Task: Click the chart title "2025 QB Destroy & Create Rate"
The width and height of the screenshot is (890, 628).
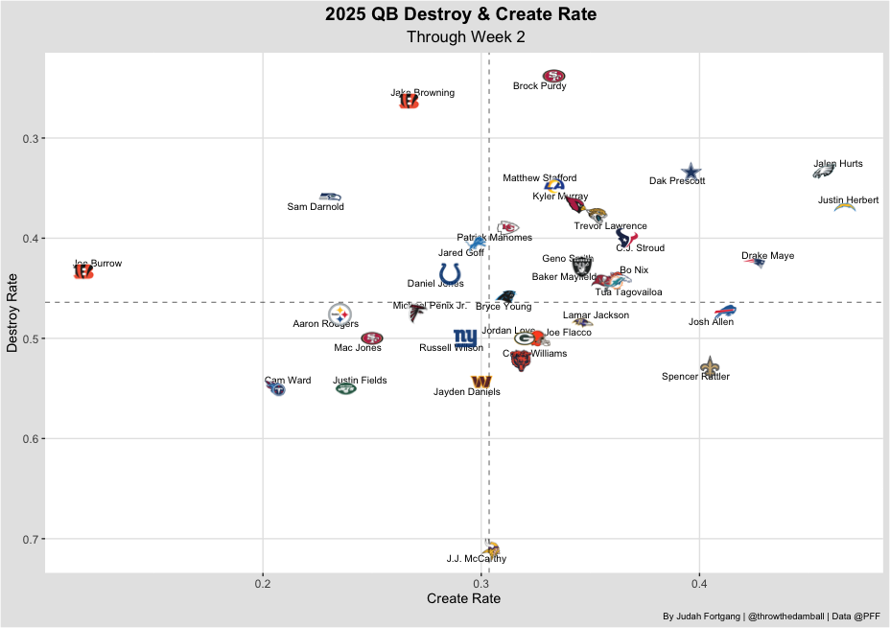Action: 460,14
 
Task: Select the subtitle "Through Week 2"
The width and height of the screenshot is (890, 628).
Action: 466,36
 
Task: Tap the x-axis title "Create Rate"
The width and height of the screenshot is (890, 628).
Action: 463,598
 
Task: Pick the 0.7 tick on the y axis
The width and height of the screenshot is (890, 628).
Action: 30,539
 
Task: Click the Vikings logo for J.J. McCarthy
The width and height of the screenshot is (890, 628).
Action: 492,548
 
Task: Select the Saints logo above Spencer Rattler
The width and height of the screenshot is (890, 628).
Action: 709,365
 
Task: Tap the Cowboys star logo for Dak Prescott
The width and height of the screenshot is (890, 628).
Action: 691,171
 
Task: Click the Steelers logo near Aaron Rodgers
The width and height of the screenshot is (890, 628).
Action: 340,314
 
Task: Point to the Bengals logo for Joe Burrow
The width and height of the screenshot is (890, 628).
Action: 83,272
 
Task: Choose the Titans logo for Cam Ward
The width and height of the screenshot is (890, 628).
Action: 276,388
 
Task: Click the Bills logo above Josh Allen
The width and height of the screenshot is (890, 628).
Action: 726,311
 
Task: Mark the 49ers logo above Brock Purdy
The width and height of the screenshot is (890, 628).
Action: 553,76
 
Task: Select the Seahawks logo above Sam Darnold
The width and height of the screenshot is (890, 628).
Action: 330,196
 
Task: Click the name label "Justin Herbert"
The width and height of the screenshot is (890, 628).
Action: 848,200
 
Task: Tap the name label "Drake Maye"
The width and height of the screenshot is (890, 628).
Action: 767,256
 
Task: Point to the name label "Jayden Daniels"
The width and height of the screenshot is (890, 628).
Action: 467,392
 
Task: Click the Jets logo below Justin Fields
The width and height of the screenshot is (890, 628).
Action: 345,388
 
